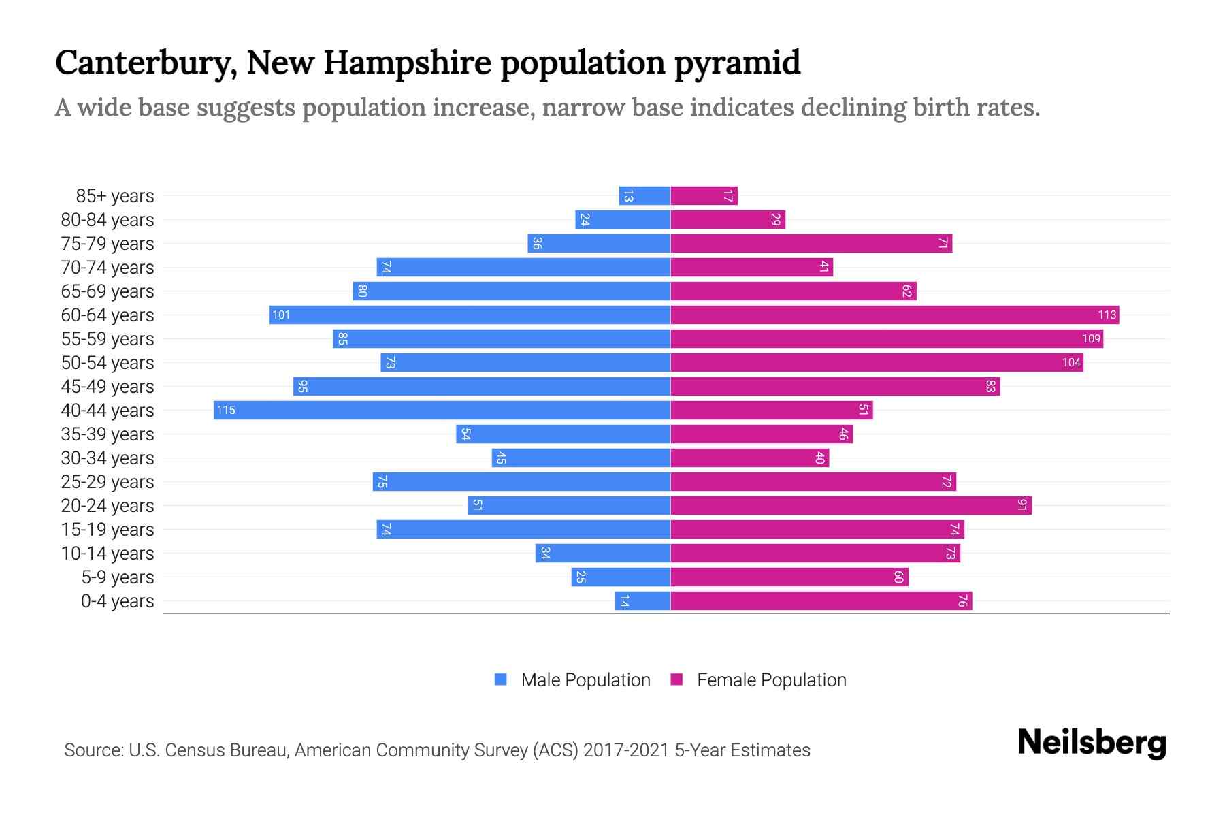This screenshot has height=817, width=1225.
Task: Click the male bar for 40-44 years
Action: (442, 410)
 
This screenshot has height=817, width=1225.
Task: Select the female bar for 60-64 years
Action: (894, 315)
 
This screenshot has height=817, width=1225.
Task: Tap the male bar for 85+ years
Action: (644, 196)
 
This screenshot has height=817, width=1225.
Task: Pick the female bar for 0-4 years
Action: (821, 600)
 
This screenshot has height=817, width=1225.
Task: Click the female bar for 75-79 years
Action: (811, 243)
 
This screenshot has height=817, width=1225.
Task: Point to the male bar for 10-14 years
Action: (603, 553)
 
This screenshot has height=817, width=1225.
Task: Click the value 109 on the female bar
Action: (1091, 338)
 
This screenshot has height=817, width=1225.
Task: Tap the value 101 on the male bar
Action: (281, 315)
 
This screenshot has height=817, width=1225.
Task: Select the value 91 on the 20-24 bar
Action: (1022, 505)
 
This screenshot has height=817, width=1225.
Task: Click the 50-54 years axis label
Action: (108, 362)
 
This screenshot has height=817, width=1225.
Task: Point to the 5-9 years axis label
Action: (118, 577)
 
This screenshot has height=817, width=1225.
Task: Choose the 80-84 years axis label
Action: (108, 219)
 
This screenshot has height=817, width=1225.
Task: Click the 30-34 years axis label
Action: (108, 458)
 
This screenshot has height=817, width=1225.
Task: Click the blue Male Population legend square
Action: (501, 679)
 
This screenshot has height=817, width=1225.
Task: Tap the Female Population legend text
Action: (771, 679)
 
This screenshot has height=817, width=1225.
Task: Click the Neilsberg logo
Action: (1092, 743)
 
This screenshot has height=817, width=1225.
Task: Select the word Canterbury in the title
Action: (146, 63)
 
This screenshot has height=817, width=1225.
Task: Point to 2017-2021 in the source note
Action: (626, 750)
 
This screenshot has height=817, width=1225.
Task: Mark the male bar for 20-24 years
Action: (569, 505)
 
